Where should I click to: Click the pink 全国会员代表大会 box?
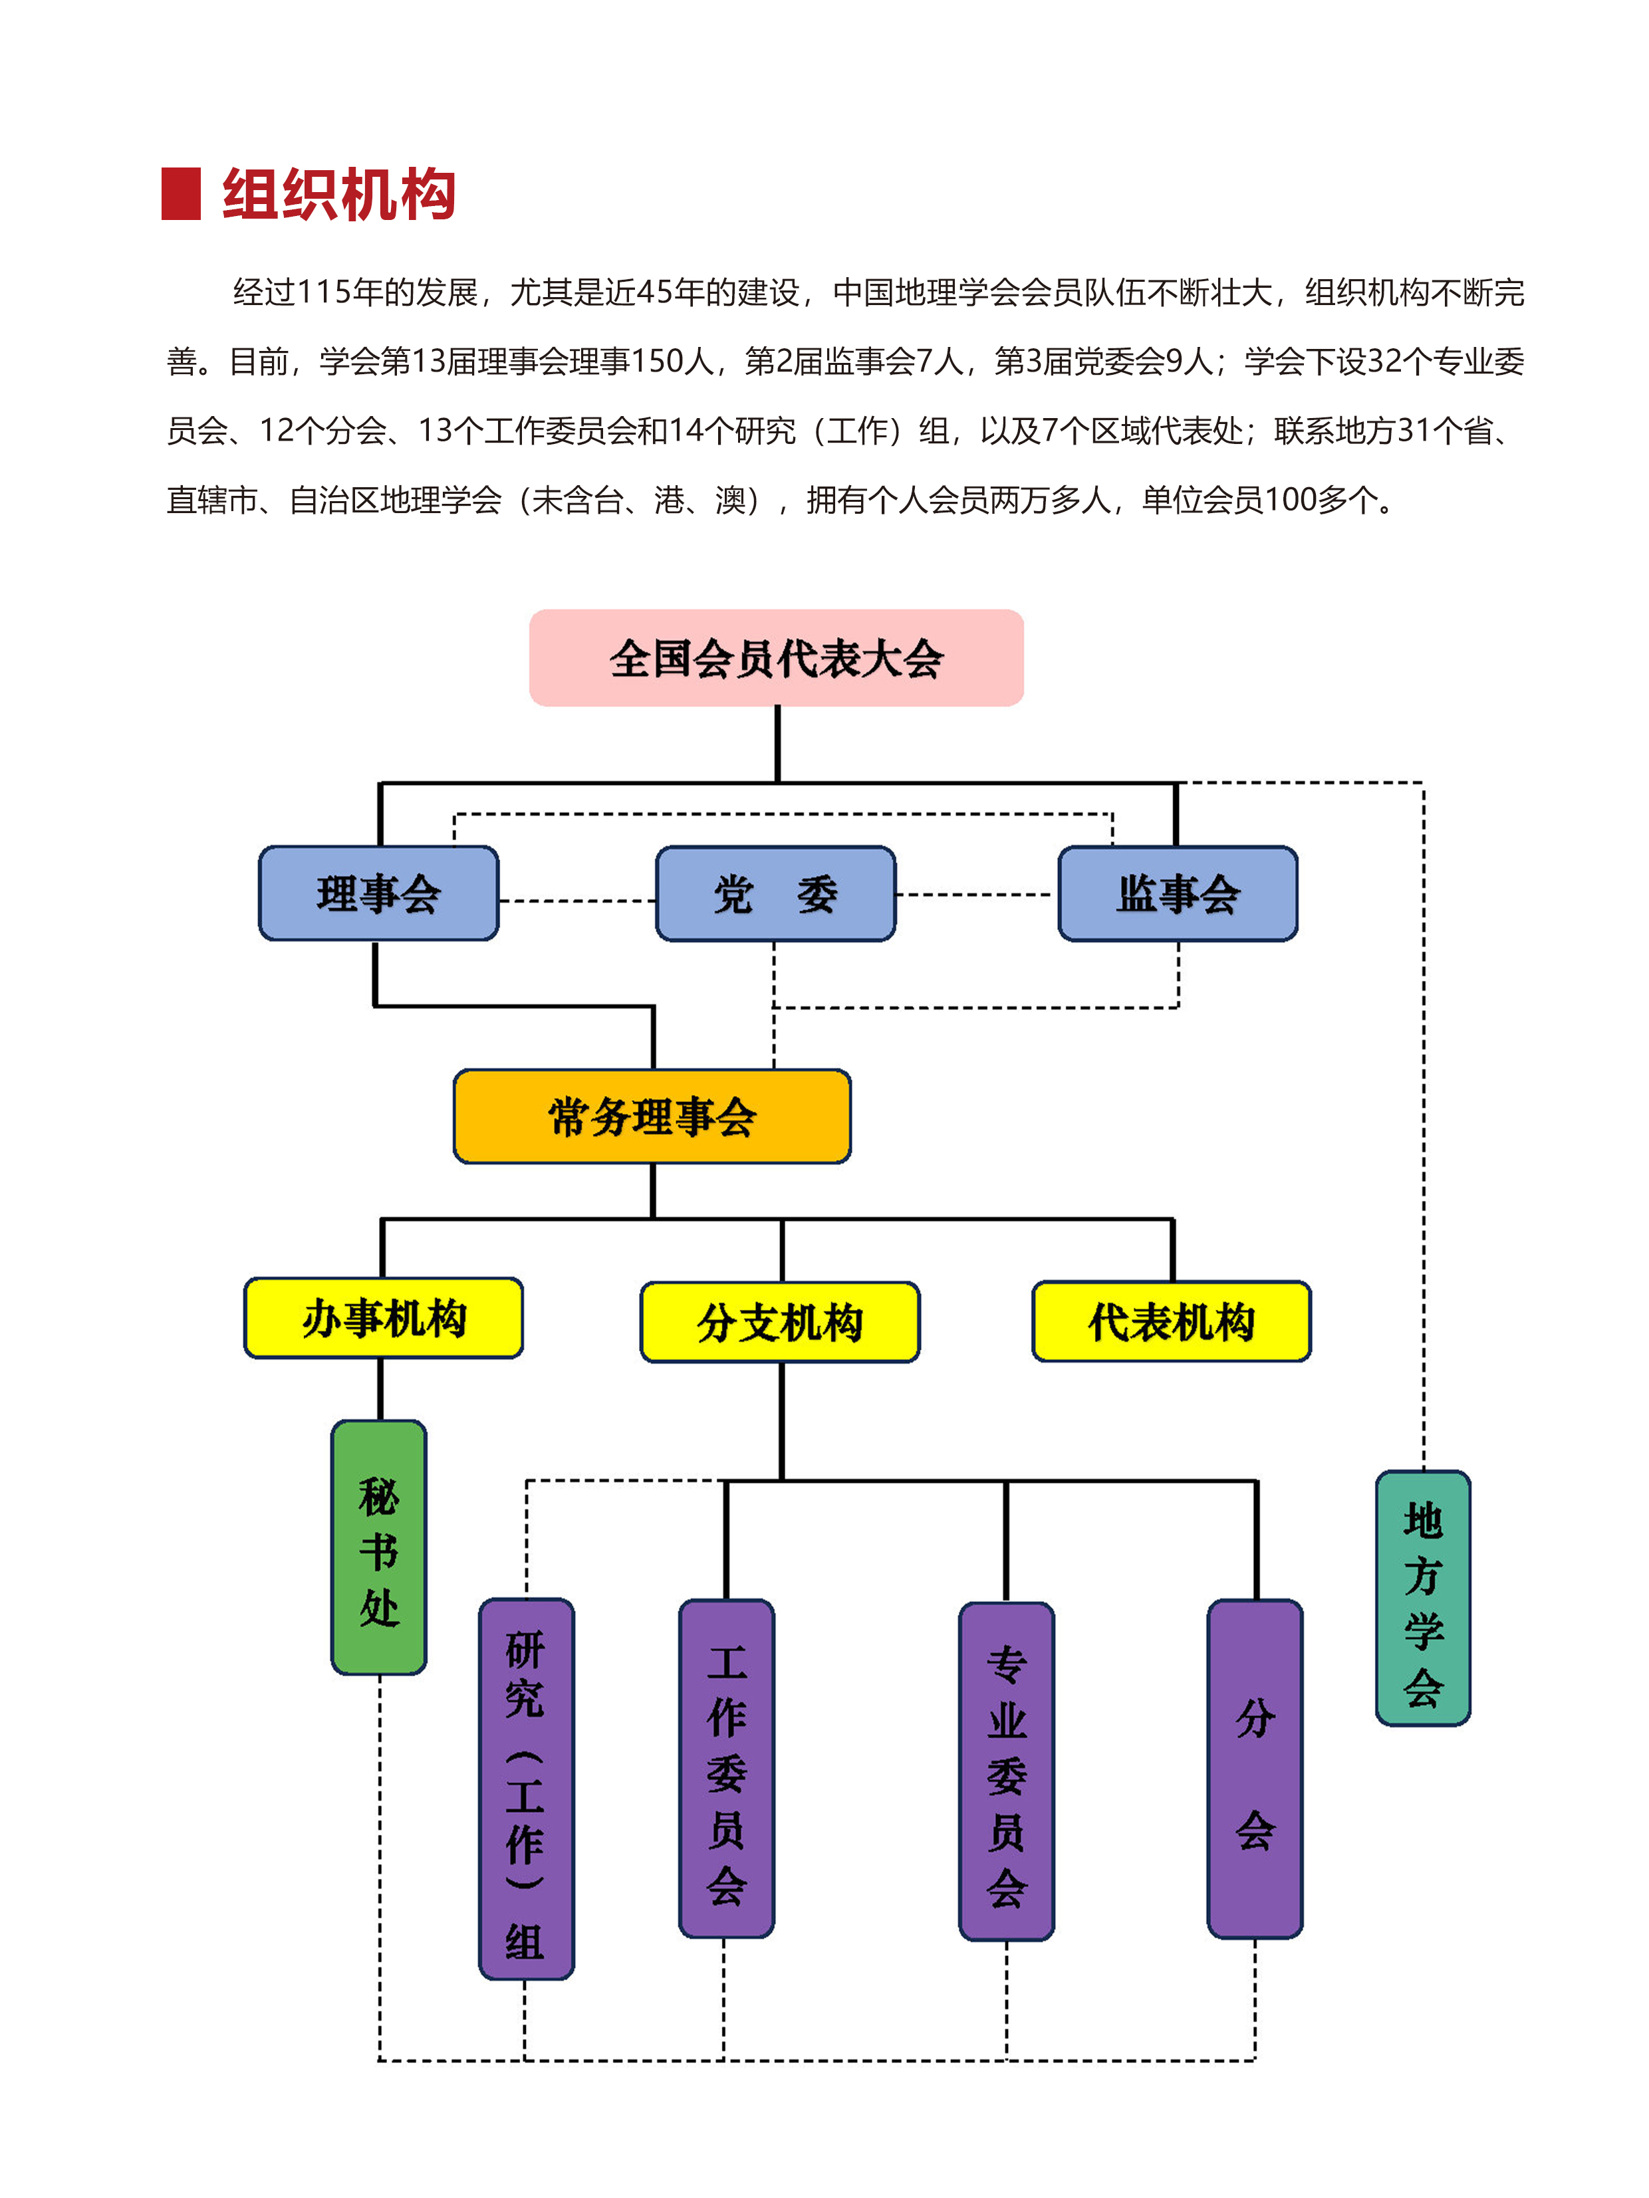coord(776,658)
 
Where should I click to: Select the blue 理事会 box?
coord(379,893)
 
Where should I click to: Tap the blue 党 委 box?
coord(775,893)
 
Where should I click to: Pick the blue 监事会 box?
coord(1178,893)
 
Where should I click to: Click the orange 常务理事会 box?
coord(652,1116)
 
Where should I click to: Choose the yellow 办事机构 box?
coord(384,1317)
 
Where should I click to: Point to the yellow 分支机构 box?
coord(780,1321)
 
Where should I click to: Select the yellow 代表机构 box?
coord(1172,1321)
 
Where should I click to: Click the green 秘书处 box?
coord(379,1547)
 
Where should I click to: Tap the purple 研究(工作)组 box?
coord(526,1788)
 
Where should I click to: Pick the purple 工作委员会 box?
coord(727,1768)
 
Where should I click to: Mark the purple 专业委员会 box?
coord(1006,1771)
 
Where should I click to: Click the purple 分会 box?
coord(1255,1768)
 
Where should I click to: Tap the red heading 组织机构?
coord(338,194)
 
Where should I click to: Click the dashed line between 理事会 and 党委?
coord(576,900)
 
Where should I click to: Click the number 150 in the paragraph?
coord(657,362)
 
